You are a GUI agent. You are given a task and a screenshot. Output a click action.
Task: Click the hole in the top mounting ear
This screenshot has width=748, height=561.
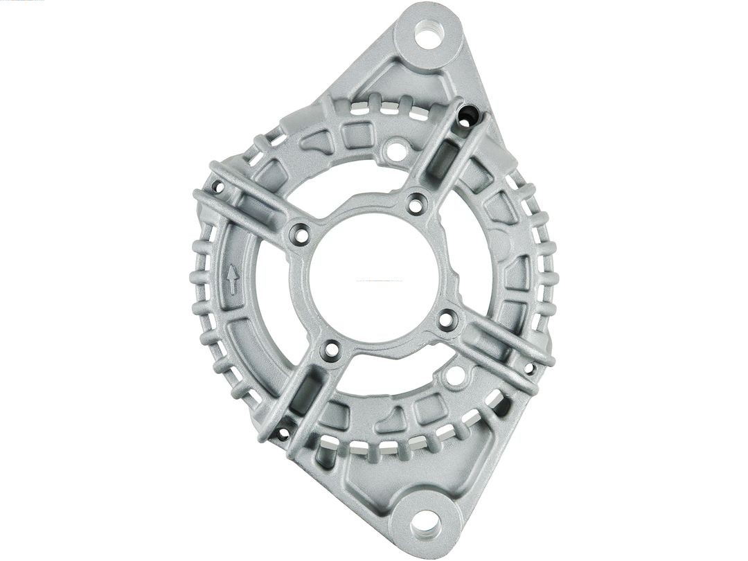click(429, 35)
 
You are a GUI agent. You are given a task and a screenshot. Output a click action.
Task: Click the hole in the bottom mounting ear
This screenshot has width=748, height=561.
click(425, 520)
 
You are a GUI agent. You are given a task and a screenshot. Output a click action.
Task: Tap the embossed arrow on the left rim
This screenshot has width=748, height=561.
click(233, 279)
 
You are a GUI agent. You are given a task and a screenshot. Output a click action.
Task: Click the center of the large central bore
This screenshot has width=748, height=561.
click(374, 278)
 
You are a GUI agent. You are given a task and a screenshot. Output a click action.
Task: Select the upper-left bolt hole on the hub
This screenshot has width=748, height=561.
click(301, 235)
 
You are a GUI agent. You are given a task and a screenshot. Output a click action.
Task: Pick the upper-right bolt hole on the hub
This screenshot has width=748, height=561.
click(416, 204)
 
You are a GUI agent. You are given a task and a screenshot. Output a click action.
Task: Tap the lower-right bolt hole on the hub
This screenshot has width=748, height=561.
click(447, 320)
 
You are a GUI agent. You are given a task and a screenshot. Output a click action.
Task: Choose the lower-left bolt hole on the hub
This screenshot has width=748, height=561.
click(332, 350)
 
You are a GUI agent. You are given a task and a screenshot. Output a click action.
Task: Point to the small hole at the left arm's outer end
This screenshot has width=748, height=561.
click(217, 186)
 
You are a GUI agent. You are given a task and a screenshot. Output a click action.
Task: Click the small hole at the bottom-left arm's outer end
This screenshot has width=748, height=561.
click(282, 434)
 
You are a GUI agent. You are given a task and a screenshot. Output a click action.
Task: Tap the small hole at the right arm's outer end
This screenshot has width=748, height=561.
click(530, 368)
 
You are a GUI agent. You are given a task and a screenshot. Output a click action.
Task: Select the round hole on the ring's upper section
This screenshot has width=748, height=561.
click(395, 149)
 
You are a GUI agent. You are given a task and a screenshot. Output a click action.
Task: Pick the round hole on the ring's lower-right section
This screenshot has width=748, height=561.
click(455, 377)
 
